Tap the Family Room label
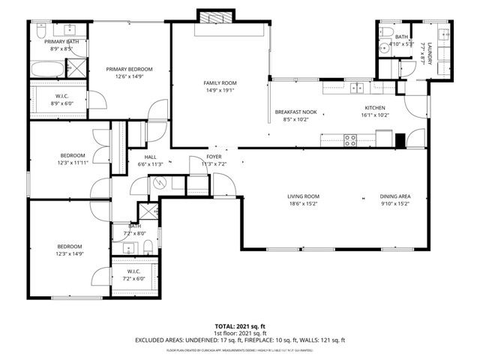coord(220,82)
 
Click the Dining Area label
coord(394,196)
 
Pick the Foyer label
coord(214,157)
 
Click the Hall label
coord(150,157)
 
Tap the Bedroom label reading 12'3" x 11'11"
coord(73,155)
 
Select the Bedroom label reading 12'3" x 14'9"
coord(68,246)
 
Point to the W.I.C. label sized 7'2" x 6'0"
coord(134,271)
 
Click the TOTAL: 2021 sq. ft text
coord(240,326)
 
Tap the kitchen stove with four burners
coord(350,138)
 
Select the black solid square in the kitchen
coord(400,140)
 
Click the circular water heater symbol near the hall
coord(157,181)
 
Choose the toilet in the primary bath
coord(40,31)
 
